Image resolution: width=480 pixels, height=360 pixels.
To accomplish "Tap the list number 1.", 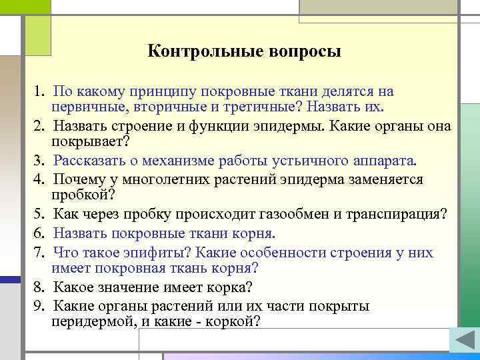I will click(x=39, y=91).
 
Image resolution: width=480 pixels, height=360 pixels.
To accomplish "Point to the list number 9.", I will click(x=39, y=307).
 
